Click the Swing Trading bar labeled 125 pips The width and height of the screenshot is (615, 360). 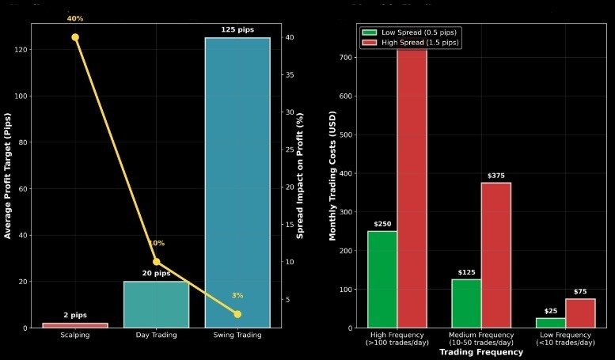pos(237,182)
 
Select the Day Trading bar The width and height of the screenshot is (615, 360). pos(156,305)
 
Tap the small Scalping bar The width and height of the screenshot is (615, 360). pos(75,324)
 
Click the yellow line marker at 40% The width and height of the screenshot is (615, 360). pos(75,37)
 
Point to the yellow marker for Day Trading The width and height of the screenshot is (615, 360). pos(156,261)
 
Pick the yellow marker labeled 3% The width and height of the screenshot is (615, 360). pos(237,314)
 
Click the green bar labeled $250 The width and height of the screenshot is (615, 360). pos(382,279)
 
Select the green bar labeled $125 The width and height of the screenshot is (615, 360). pos(466,303)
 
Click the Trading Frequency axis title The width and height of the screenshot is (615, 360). pos(481,352)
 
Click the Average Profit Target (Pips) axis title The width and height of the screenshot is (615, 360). pos(7,176)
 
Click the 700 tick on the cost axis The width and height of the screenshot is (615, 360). pos(346,58)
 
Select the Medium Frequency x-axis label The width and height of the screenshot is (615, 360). pos(481,338)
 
